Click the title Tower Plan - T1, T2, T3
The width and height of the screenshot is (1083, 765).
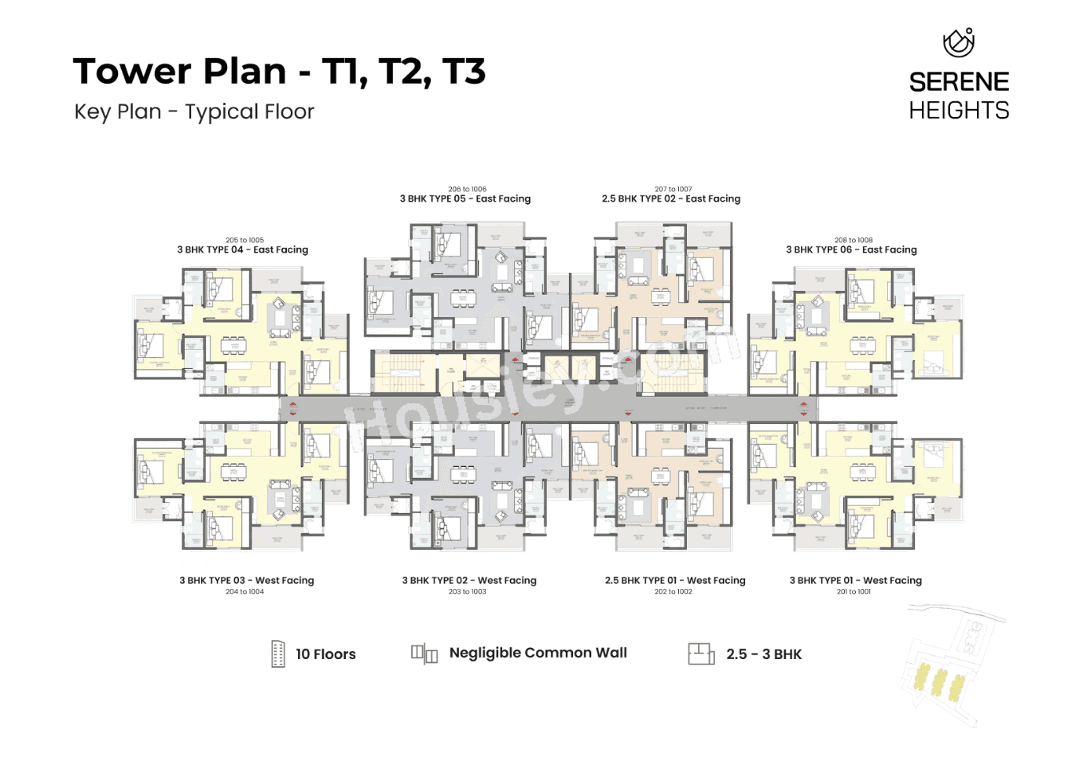pos(279,71)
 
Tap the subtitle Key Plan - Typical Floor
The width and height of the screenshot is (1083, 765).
pos(194,112)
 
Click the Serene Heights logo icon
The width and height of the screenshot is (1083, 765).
pos(958,42)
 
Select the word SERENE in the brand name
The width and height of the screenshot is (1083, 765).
pos(959,82)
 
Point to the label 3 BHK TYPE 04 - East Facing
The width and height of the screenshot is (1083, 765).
pos(242,249)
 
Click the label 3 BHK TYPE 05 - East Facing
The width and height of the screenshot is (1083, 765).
pos(465,198)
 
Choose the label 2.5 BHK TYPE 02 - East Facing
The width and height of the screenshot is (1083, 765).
pos(671,198)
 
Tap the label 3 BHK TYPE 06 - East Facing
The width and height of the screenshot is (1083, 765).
pos(851,249)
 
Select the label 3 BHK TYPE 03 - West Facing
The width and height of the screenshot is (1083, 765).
pos(246,580)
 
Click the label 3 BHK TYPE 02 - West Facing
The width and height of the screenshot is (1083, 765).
pos(469,580)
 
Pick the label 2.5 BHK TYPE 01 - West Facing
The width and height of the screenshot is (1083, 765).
pos(675,580)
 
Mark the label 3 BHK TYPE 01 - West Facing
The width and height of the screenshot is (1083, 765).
pos(855,580)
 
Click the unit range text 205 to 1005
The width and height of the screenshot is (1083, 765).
pos(244,240)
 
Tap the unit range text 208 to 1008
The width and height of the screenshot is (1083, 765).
pos(853,240)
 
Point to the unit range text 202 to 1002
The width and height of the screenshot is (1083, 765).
pos(673,591)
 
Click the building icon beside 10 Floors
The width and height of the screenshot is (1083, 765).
pos(278,653)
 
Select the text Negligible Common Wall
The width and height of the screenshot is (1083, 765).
pos(538,653)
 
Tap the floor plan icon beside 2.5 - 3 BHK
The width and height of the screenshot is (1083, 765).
pos(700,653)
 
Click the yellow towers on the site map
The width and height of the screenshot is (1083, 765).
pos(939,682)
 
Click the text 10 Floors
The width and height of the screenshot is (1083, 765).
pos(325,654)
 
